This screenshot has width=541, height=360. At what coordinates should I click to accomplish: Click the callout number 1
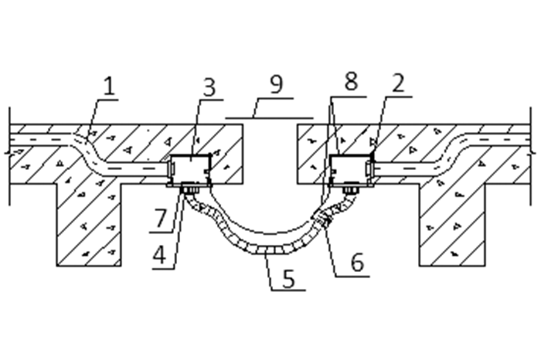pos(109,86)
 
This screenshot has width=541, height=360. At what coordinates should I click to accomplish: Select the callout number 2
pos(399,83)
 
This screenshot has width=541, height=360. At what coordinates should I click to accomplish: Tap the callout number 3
pos(209,87)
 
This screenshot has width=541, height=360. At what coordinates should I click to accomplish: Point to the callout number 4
pos(159,254)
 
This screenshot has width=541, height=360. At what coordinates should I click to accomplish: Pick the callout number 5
pos(289,278)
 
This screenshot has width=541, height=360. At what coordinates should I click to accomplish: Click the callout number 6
pos(357,263)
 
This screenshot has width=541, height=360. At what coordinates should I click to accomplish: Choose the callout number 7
pos(160,219)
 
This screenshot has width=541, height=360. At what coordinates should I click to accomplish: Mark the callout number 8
pos(351,82)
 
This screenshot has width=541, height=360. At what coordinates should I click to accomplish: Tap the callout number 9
pos(277,83)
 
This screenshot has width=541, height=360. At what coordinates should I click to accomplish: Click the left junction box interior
pos(190,169)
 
